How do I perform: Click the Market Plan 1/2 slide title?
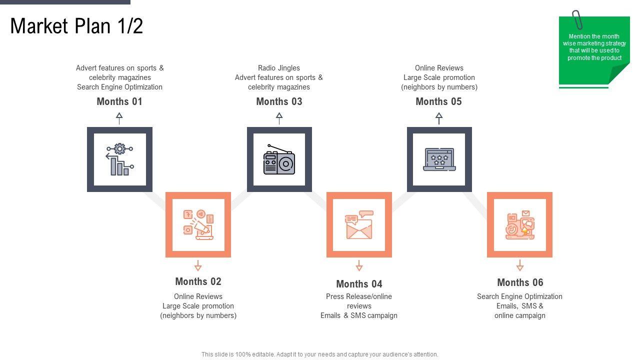tap(76, 26)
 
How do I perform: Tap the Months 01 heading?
tap(119, 101)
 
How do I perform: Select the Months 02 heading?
tap(198, 281)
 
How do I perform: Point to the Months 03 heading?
tap(279, 101)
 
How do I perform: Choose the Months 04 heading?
tap(359, 284)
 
